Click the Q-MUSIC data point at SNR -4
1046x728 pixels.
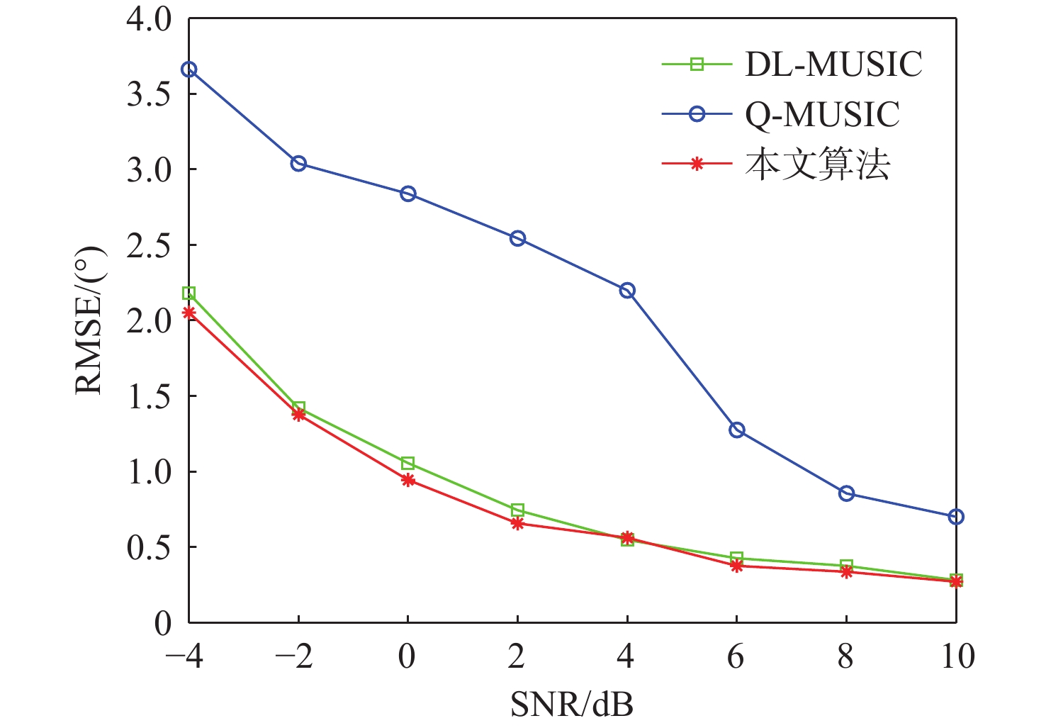tap(189, 69)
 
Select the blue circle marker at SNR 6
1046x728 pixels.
tap(737, 430)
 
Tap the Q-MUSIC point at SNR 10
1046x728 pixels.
tap(956, 517)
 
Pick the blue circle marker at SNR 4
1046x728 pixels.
tap(627, 291)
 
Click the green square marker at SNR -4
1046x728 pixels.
tap(189, 293)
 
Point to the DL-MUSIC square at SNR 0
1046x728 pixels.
tap(408, 464)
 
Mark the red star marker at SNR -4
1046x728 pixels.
tap(189, 313)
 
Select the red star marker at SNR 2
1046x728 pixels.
tap(517, 523)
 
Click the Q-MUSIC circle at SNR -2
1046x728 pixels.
tap(298, 164)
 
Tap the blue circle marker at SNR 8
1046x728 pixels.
tap(846, 493)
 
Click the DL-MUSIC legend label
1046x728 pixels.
tap(833, 65)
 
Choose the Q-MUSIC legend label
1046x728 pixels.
tap(822, 115)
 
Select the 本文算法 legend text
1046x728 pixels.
tap(817, 164)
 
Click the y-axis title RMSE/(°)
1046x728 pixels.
tap(90, 320)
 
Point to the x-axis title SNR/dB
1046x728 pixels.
tap(571, 704)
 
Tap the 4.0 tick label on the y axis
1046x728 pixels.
tap(150, 19)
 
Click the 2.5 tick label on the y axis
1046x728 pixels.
tap(150, 245)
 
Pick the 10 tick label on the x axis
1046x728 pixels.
tap(957, 657)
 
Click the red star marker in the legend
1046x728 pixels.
tap(697, 164)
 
